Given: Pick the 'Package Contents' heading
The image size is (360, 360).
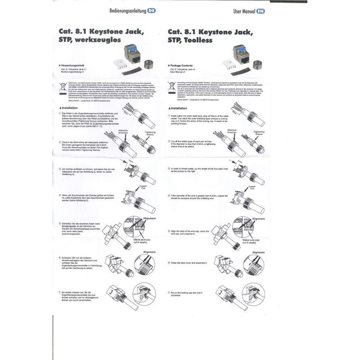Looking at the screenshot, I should tap(184, 66).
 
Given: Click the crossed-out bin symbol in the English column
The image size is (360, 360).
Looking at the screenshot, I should tap(172, 86).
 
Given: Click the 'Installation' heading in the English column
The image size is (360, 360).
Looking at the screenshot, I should tap(178, 108).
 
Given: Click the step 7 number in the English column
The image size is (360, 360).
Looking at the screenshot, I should tap(167, 292).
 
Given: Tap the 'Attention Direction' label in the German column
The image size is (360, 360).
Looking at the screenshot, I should tap(123, 132).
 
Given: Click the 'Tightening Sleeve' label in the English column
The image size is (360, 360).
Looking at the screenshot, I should tap(259, 133).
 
